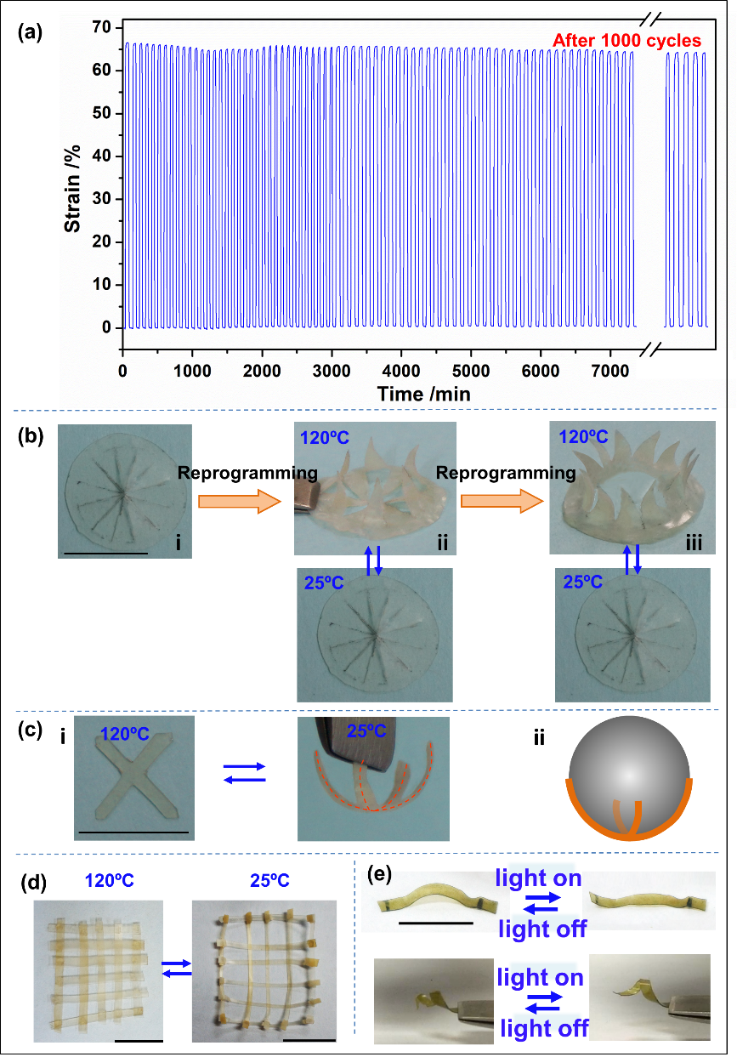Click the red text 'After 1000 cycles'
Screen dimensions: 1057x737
coord(626,40)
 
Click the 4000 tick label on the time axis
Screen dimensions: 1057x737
coord(401,372)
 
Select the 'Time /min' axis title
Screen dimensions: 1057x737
coord(424,394)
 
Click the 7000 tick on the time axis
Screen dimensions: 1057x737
coord(610,372)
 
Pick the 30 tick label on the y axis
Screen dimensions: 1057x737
coord(101,199)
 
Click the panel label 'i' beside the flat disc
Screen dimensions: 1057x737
coord(179,542)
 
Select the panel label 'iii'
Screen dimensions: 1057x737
coord(694,542)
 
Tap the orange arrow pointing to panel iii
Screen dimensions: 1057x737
coord(502,502)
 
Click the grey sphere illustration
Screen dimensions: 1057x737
coord(628,779)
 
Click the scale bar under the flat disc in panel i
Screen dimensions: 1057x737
coord(105,553)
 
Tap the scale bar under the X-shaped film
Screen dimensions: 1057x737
coord(133,831)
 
